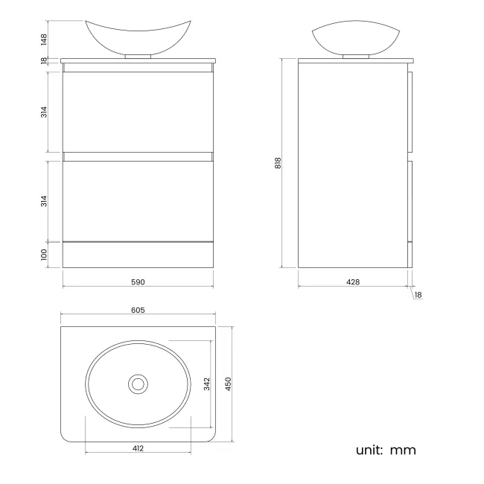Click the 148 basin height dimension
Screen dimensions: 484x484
[x=45, y=38]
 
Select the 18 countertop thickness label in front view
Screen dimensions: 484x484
[x=45, y=60]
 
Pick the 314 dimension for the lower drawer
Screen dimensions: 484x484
[x=45, y=201]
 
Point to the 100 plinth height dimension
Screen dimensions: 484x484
[x=45, y=254]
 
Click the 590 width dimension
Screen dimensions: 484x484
[x=138, y=282]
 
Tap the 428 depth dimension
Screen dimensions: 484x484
[x=353, y=282]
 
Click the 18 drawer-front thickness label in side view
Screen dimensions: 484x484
[x=418, y=295]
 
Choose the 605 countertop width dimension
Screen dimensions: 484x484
[x=138, y=310]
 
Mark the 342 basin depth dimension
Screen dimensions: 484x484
[x=208, y=383]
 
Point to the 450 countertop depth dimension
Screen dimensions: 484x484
[x=229, y=383]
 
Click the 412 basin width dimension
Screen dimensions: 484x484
[x=138, y=448]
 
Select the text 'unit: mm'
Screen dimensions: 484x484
[x=386, y=450]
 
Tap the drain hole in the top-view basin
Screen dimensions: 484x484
[x=138, y=384]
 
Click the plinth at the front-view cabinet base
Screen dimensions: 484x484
[x=138, y=255]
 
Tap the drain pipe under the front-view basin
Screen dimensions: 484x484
[x=138, y=55]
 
